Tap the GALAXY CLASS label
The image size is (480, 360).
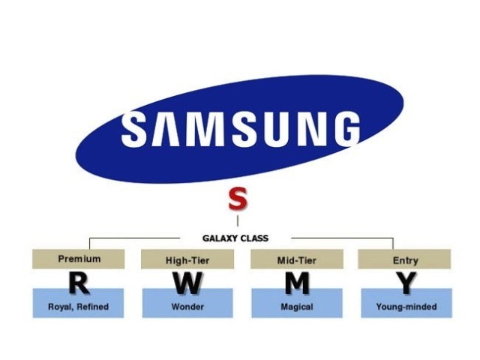235,238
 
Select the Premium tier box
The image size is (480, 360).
79,259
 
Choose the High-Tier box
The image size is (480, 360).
187,259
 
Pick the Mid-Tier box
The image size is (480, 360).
297,259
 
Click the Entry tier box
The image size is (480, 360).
405,259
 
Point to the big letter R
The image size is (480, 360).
78,283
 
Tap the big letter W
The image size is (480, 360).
187,283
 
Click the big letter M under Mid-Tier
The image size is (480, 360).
297,283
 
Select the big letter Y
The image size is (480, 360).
406,283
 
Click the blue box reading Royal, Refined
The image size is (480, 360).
78,306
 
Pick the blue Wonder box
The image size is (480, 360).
187,306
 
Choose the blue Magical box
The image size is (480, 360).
297,306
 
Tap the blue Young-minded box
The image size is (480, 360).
405,306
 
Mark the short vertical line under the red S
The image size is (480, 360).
238,221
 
